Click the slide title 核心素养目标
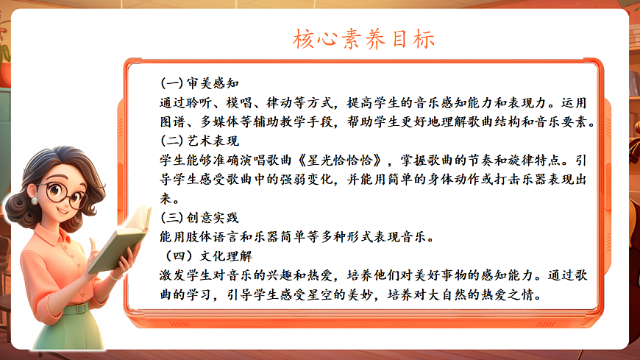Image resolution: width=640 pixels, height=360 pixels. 365,38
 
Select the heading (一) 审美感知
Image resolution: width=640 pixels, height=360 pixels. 200,82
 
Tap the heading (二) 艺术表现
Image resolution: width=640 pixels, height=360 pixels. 200,139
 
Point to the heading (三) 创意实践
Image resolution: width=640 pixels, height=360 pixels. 200,217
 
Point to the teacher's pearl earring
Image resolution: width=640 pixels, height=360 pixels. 34,200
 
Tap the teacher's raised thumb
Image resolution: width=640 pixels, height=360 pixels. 93,245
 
